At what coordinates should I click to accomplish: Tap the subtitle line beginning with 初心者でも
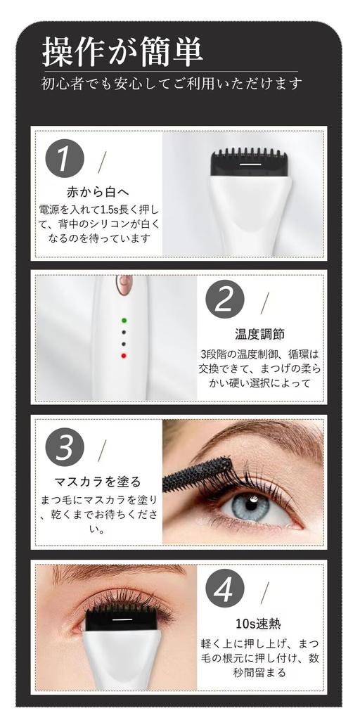pyautogui.click(x=172, y=84)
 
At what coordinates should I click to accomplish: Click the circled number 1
pyautogui.click(x=64, y=159)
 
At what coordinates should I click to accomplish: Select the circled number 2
pyautogui.click(x=224, y=300)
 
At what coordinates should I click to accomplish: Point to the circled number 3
pyautogui.click(x=64, y=447)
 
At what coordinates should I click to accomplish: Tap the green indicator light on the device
pyautogui.click(x=124, y=320)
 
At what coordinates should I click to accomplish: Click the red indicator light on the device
pyautogui.click(x=124, y=356)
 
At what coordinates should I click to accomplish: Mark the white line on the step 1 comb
pyautogui.click(x=247, y=165)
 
